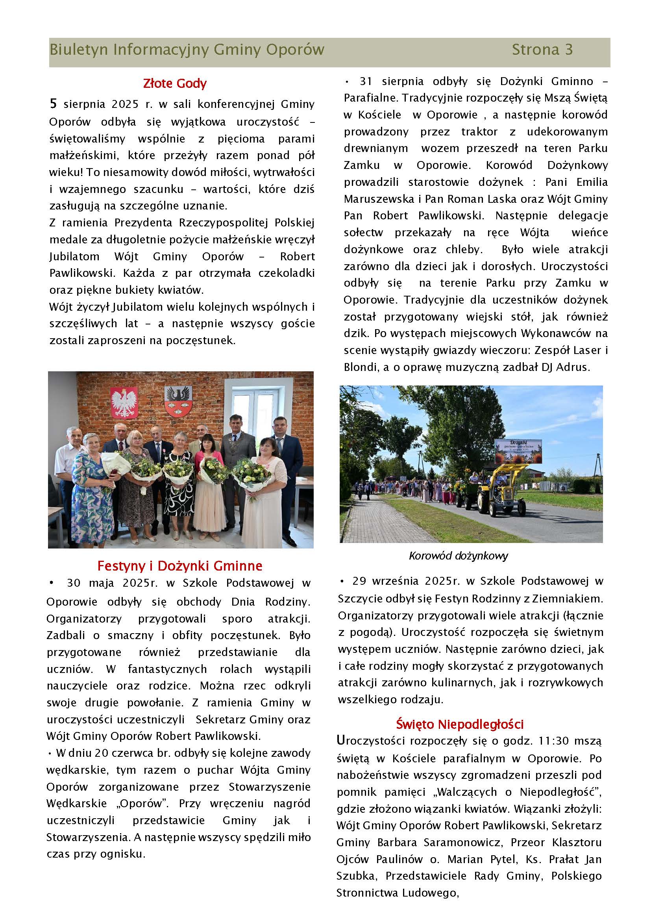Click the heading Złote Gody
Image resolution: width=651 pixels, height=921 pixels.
tap(175, 83)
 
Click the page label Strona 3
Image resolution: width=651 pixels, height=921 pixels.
tap(542, 50)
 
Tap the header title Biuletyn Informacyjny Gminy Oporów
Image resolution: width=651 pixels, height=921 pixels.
tap(187, 50)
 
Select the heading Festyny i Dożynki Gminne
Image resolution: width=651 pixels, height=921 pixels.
tap(179, 565)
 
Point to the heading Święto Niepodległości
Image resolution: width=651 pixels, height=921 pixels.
tap(460, 724)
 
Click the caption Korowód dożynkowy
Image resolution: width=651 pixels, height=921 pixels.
tap(458, 556)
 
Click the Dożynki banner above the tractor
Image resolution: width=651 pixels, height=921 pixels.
tap(518, 451)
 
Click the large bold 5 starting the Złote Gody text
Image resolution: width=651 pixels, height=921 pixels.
tap(53, 104)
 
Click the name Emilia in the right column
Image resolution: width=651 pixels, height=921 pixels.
tap(592, 182)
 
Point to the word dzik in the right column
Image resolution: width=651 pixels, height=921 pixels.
tap(355, 334)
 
